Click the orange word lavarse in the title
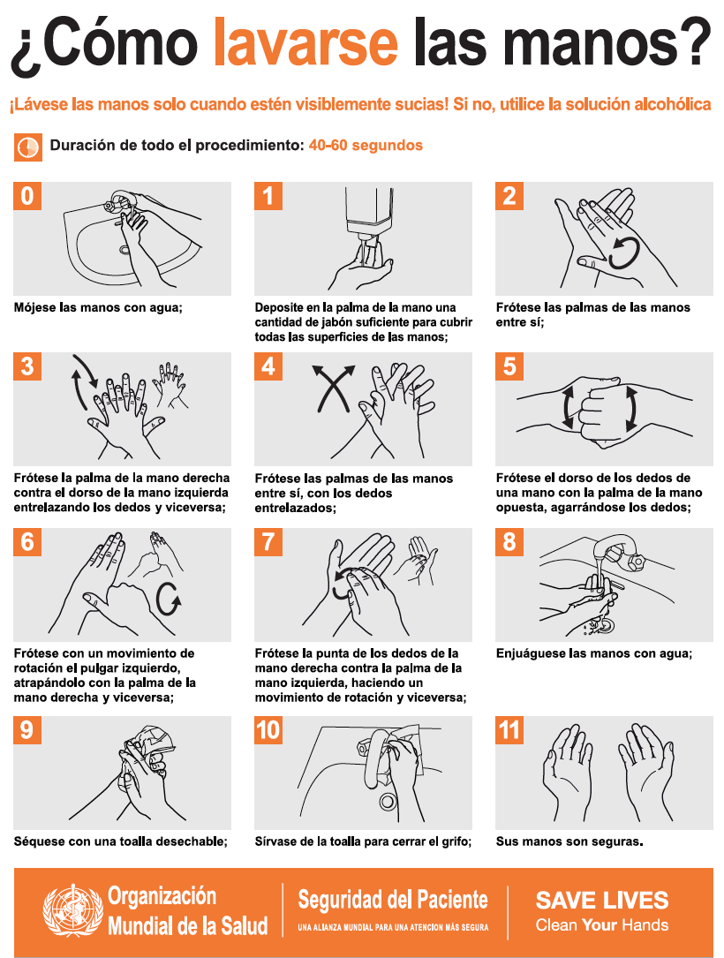305,41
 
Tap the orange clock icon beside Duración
28,147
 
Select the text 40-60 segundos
366,146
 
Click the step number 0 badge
26,196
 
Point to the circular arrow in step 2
624,253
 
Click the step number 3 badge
26,366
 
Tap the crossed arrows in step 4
334,388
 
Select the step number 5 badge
509,366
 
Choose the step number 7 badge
268,542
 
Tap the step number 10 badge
268,730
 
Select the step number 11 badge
509,730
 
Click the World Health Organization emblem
72,910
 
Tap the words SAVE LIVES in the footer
602,901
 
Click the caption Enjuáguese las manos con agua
594,653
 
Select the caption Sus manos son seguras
569,841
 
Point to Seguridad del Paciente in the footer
393,900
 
